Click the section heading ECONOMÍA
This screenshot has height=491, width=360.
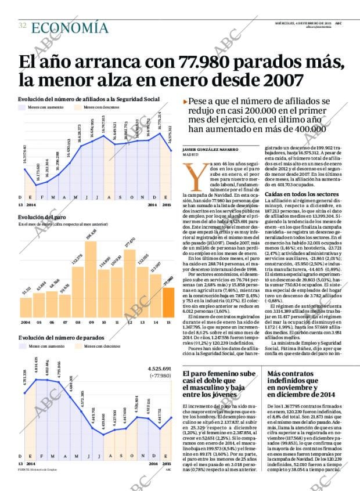[70, 27]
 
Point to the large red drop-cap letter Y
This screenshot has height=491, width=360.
[192, 174]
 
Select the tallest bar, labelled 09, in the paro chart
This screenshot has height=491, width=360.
[91, 279]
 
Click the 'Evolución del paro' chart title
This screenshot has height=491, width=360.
[41, 217]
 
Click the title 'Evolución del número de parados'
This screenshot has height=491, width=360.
[61, 337]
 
